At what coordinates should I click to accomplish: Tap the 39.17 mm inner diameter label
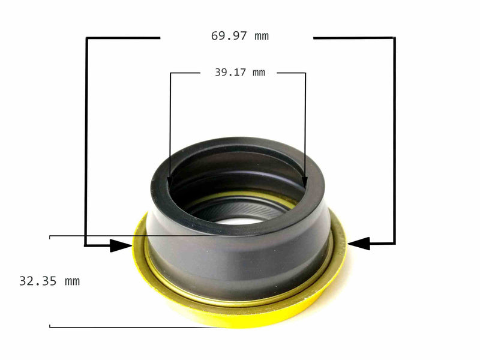point(239,73)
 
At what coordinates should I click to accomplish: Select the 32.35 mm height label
point(49,281)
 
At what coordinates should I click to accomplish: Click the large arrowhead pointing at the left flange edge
point(122,245)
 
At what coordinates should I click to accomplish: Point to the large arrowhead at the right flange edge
point(358,244)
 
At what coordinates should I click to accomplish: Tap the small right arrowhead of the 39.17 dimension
point(305,181)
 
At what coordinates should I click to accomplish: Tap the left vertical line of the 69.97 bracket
point(86,138)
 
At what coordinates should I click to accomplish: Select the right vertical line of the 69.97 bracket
point(394,138)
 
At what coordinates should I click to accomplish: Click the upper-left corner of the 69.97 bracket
point(87,38)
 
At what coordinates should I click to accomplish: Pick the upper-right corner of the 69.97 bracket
point(394,38)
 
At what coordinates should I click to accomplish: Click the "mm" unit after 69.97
point(262,36)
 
